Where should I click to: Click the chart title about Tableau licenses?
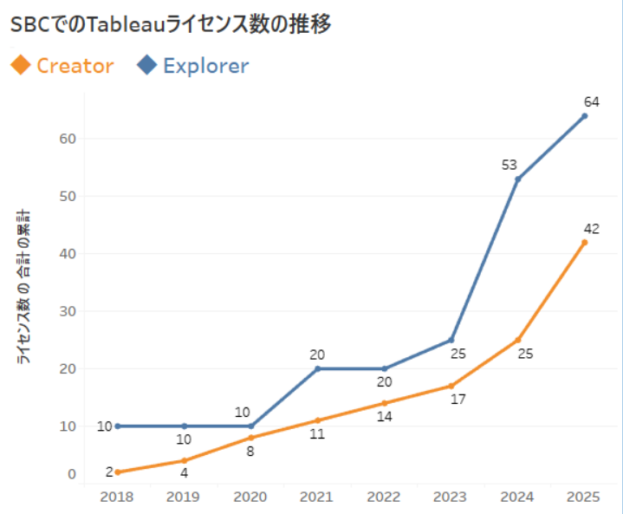(171, 24)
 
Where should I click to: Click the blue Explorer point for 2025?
(584, 116)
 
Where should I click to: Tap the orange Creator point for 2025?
(584, 243)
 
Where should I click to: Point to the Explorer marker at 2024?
(517, 179)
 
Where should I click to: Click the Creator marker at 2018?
(118, 472)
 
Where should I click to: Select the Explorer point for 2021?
(317, 368)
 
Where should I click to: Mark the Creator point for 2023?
(451, 386)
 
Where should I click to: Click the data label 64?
(591, 102)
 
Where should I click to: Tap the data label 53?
(509, 165)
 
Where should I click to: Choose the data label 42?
(591, 229)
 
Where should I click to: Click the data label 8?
(250, 451)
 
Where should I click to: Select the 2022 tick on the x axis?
(384, 498)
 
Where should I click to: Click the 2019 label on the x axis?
(184, 498)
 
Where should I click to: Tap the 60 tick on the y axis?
(68, 139)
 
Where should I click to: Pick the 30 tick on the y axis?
(68, 311)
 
